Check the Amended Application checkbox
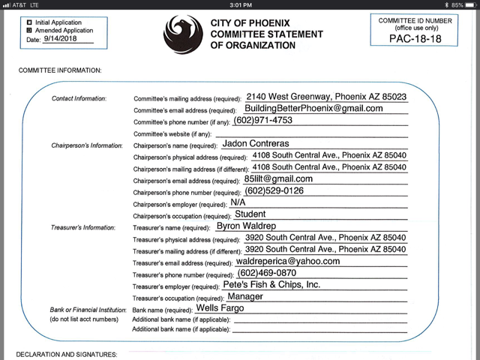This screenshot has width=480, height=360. pyautogui.click(x=29, y=30)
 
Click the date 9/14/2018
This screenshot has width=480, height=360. pyautogui.click(x=61, y=39)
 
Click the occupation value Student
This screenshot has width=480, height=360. pyautogui.click(x=256, y=214)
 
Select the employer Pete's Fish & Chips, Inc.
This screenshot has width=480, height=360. pyautogui.click(x=271, y=285)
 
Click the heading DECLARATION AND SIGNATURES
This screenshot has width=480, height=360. pyautogui.click(x=67, y=353)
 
